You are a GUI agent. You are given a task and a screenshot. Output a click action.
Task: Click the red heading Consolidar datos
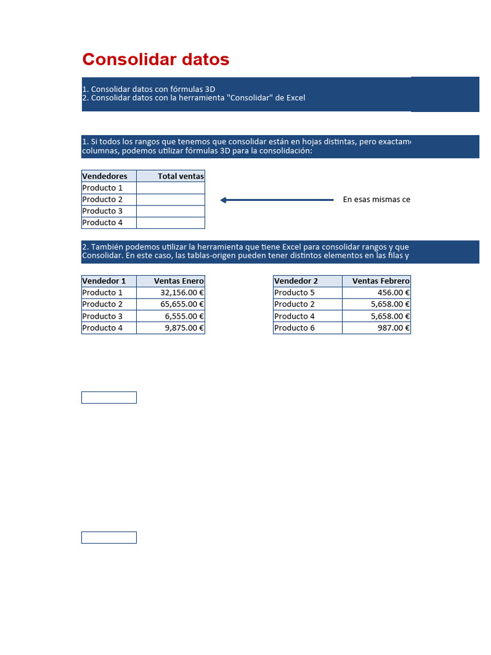[155, 59]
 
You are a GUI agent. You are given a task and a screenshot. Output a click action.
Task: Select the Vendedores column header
[105, 176]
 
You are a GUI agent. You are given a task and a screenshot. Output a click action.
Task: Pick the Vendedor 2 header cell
[296, 281]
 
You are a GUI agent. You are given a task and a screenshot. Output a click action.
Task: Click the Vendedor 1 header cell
[104, 281]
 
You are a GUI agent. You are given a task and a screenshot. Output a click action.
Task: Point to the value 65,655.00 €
[182, 304]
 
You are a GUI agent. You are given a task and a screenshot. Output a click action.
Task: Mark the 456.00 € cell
[393, 292]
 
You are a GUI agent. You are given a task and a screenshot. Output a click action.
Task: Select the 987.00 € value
[393, 327]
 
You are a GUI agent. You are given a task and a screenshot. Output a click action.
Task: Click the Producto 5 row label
[295, 292]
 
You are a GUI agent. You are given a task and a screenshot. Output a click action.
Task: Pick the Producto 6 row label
[295, 327]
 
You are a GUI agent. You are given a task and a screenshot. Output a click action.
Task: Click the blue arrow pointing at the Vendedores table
[276, 200]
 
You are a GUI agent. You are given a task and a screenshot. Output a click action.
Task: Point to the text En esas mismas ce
[376, 200]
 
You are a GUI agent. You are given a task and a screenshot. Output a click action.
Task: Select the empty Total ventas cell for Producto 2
[171, 200]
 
